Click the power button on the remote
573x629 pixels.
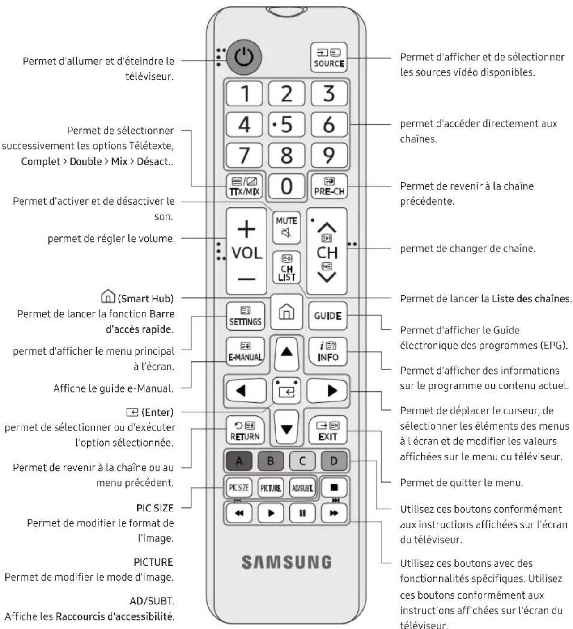pos(244,57)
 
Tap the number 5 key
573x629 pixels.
pos(286,124)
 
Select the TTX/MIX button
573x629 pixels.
pos(245,186)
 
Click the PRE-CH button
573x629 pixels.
pos(329,186)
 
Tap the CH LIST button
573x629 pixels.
pos(286,267)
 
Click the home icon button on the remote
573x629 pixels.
pos(286,312)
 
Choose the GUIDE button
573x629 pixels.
pos(327,316)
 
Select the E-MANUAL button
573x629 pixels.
pos(245,352)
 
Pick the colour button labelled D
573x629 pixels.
pos(334,461)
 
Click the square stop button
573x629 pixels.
pos(334,487)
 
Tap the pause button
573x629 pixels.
pos(302,513)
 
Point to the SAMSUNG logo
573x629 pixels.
pos(287,562)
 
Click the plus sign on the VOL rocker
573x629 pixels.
pos(246,229)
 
